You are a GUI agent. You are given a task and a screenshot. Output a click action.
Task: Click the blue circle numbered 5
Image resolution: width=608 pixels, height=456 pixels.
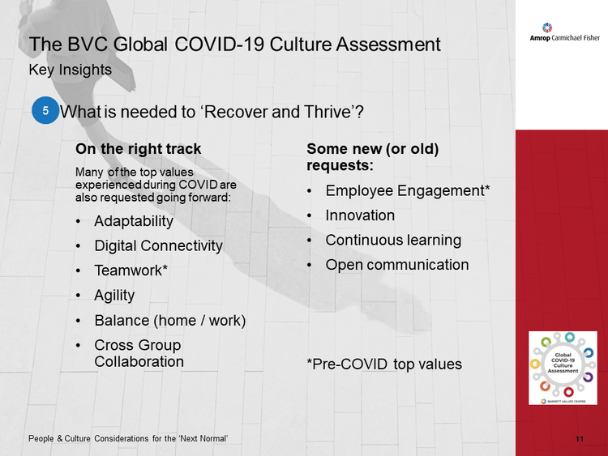pos(45,110)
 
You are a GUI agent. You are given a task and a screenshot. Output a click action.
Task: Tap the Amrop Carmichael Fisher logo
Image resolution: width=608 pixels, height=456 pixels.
pos(564,32)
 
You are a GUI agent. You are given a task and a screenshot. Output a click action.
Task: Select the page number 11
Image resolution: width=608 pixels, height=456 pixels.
pos(580,439)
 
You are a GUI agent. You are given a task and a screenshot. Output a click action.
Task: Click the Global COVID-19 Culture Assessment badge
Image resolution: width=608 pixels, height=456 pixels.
pos(563,368)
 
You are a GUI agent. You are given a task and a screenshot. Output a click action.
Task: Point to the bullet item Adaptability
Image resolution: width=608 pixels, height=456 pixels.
pos(134,222)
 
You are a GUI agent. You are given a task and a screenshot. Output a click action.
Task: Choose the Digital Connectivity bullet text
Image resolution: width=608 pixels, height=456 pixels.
pos(158,246)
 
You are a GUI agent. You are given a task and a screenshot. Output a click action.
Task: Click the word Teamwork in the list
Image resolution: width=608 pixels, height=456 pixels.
pos(128,271)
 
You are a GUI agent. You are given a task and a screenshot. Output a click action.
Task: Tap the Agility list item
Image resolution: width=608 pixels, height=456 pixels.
pos(114,296)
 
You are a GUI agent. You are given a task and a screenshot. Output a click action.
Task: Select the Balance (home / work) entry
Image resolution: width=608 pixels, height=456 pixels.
pos(170,321)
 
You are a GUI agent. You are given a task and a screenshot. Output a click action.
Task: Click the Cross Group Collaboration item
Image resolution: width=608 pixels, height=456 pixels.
pos(139,353)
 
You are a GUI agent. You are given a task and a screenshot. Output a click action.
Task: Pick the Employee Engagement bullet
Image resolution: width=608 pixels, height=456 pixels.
pos(408,191)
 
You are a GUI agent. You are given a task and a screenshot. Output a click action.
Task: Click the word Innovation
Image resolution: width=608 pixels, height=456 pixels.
pos(360,215)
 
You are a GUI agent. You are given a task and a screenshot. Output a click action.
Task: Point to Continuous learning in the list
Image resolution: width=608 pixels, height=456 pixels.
pos(393,241)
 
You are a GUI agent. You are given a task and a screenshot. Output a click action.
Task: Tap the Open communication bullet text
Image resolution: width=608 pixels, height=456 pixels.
pos(397,265)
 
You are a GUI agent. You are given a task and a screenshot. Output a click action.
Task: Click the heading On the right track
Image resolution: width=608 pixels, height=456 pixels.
pos(139,149)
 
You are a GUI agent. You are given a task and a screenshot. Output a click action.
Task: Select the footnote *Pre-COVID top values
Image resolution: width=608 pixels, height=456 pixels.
pos(384,364)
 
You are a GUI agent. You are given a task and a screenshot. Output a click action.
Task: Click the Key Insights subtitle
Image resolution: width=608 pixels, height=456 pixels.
pos(71,70)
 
